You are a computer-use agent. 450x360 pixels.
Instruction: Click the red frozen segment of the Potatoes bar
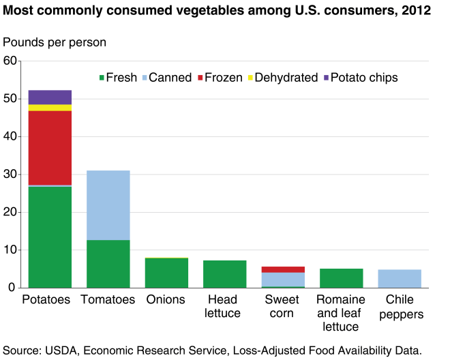point(50,147)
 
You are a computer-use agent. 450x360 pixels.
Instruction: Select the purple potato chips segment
point(50,97)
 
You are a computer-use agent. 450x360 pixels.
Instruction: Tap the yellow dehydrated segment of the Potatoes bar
point(50,108)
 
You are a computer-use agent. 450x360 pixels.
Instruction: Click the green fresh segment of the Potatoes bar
point(50,237)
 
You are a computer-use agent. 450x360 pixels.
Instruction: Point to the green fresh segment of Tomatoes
point(108,263)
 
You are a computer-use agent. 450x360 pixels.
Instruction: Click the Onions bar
point(166,273)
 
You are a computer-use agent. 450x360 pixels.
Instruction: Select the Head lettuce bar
point(225,274)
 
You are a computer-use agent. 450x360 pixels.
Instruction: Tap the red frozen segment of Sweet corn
point(283,269)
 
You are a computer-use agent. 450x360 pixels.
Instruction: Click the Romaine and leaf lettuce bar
point(341,278)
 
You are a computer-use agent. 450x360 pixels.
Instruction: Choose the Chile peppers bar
point(400,279)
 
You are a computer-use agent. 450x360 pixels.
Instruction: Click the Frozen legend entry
point(218,78)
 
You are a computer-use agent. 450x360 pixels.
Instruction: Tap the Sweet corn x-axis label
point(283,307)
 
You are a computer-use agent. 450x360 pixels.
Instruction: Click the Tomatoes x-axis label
point(108,300)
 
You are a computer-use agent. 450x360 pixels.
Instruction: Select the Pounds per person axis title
point(55,42)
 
